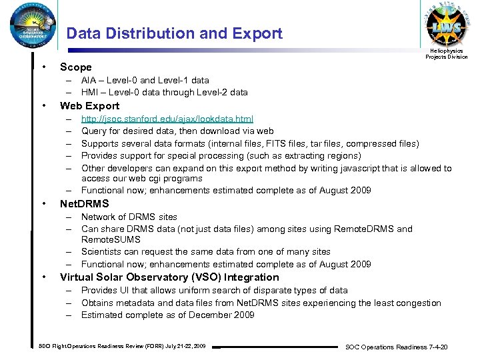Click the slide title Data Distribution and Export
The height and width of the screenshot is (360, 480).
pyautogui.click(x=175, y=33)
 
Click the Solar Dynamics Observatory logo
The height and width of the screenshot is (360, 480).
pyautogui.click(x=29, y=27)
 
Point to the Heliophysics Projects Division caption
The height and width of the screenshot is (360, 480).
pyautogui.click(x=447, y=54)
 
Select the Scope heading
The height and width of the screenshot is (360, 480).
pyautogui.click(x=76, y=67)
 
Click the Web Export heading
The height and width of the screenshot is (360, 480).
pyautogui.click(x=89, y=106)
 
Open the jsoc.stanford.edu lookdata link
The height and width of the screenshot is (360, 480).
pyautogui.click(x=167, y=119)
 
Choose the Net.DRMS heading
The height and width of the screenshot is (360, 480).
pyautogui.click(x=84, y=204)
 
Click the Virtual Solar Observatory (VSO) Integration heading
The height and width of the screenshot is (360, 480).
pyautogui.click(x=169, y=277)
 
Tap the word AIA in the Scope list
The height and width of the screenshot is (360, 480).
pyautogui.click(x=89, y=81)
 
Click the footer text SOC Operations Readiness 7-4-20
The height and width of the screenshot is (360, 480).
pyautogui.click(x=396, y=347)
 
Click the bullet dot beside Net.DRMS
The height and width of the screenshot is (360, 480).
pyautogui.click(x=43, y=203)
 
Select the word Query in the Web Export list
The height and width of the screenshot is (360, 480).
pyautogui.click(x=94, y=131)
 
